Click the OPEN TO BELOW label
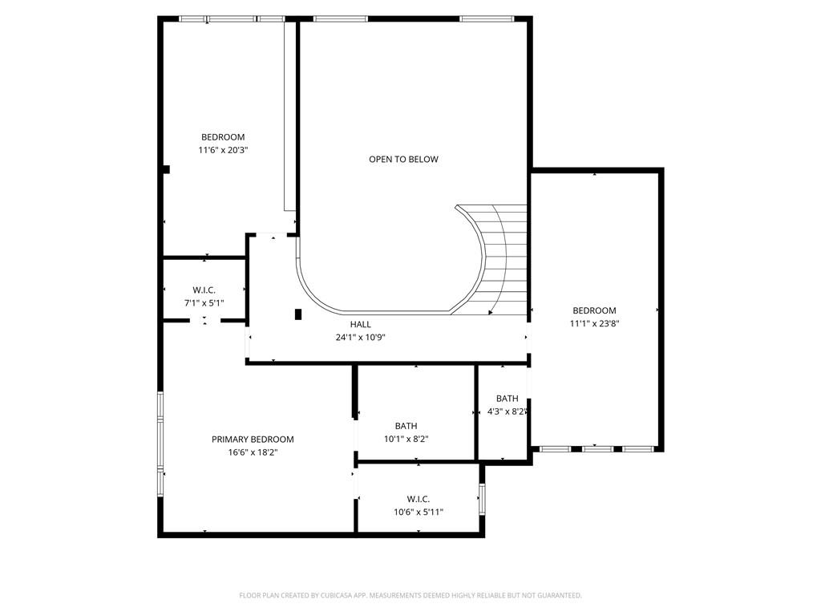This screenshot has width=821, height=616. coord(403,159)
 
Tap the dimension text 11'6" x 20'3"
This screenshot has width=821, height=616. coord(223,150)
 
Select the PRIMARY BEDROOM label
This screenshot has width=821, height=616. coord(253,439)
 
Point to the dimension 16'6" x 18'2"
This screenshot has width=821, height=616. coord(253,452)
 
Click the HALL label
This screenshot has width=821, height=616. coord(360,324)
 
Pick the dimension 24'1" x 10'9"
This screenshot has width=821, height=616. coord(360,337)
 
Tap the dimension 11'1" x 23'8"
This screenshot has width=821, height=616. coord(594,323)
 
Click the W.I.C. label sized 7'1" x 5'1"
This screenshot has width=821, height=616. coord(204,290)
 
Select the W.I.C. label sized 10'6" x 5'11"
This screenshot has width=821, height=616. coord(418,499)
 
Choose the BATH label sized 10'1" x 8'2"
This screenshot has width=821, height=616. coord(406,426)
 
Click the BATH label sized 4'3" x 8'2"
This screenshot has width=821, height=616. coord(507,399)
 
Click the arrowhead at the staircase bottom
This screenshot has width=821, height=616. coord(490,311)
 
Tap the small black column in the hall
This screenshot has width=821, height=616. coord(298,314)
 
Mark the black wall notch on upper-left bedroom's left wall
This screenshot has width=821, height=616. coord(166,168)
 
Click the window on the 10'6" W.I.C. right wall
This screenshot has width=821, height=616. coord(482,498)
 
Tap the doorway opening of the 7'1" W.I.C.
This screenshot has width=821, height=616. coord(204,321)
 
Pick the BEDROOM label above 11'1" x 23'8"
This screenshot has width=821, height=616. coord(594,310)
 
